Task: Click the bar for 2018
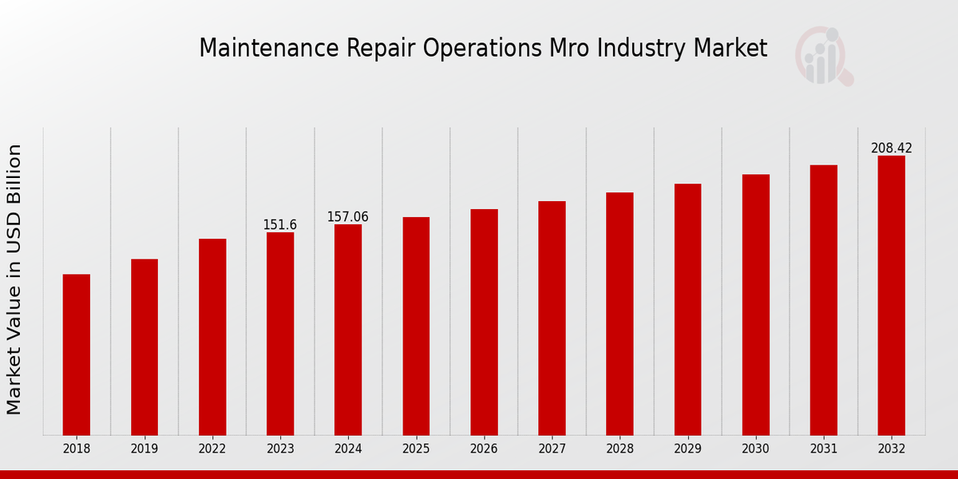tap(77, 354)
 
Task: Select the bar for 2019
tap(144, 346)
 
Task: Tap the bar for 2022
tap(212, 337)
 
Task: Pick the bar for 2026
tap(484, 322)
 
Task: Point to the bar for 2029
tap(687, 309)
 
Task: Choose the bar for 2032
tap(891, 295)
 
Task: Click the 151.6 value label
tap(280, 225)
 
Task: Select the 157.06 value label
tap(348, 217)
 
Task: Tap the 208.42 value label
tap(891, 148)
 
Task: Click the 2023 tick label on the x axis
tap(280, 449)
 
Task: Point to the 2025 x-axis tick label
tap(416, 449)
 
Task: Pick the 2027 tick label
tap(552, 449)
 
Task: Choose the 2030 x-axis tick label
tap(755, 449)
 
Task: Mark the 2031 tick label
tap(823, 449)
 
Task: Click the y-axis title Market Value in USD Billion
tap(14, 279)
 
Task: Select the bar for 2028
tap(620, 314)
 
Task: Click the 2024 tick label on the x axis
tap(348, 449)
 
